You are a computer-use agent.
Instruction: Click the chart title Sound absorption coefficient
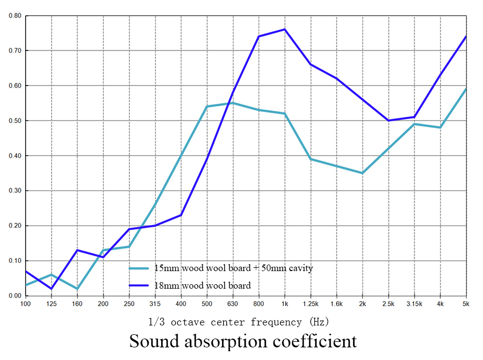pyautogui.click(x=243, y=341)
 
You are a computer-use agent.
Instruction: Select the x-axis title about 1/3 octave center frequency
pyautogui.click(x=238, y=322)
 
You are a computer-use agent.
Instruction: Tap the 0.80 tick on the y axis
pyautogui.click(x=15, y=15)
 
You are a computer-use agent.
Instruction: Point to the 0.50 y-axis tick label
pyautogui.click(x=15, y=121)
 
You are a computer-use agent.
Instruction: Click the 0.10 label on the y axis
pyautogui.click(x=15, y=261)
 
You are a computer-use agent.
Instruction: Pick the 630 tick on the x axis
pyautogui.click(x=232, y=303)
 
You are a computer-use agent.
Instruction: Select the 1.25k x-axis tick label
pyautogui.click(x=310, y=303)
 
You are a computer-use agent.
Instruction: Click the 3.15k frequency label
pyautogui.click(x=414, y=303)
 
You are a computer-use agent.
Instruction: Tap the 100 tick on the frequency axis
pyautogui.click(x=25, y=303)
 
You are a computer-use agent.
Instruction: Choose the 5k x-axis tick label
pyautogui.click(x=465, y=303)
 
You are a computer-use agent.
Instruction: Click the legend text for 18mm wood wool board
pyautogui.click(x=202, y=285)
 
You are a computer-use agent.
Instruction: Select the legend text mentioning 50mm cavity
pyautogui.click(x=233, y=268)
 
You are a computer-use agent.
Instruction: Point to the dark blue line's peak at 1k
pyautogui.click(x=285, y=29)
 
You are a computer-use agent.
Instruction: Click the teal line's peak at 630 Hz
pyautogui.click(x=232, y=103)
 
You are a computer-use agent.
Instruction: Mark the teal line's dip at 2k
pyautogui.click(x=362, y=173)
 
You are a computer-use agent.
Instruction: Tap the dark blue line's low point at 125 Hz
pyautogui.click(x=52, y=289)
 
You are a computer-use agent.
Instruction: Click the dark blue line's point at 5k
pyautogui.click(x=465, y=37)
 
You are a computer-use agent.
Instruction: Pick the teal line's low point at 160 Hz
pyautogui.click(x=77, y=289)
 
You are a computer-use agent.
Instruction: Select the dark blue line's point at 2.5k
pyautogui.click(x=388, y=121)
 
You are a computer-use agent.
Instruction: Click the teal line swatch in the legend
pyautogui.click(x=139, y=268)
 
